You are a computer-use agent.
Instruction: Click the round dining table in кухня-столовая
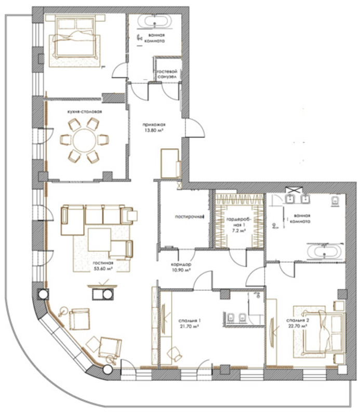pos(85,140)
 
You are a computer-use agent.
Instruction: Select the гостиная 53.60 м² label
pos(103,266)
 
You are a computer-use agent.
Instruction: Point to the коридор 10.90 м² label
pos(181,267)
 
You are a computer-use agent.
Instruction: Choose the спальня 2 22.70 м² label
pos(298,323)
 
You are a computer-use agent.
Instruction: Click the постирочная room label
pos(189,217)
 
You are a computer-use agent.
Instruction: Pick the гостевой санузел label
pos(167,74)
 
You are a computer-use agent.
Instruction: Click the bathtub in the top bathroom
pos(154,21)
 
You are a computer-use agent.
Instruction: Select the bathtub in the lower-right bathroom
pos(325,251)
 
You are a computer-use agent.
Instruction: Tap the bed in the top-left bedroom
pos(76,36)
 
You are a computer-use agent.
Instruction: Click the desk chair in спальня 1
pos(175,354)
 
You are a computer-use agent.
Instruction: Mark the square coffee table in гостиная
pos(99,239)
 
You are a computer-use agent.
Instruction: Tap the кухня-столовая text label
pos(85,112)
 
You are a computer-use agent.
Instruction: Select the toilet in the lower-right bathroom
pos(335,202)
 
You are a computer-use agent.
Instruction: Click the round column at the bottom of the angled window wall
pos(108,370)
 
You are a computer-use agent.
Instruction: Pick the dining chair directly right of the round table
pos(103,140)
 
